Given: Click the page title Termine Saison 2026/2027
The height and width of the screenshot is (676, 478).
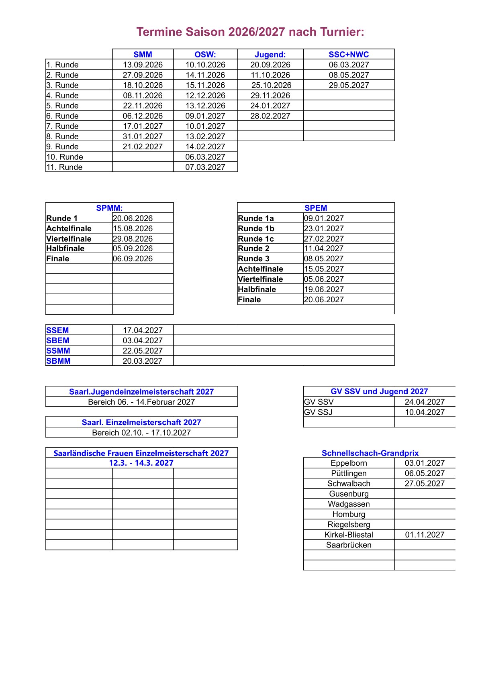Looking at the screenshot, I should [250, 32].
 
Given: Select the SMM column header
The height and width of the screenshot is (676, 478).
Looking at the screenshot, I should [143, 55].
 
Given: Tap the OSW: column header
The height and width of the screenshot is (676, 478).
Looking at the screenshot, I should [205, 55].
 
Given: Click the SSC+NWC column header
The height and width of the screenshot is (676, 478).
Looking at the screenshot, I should [349, 55].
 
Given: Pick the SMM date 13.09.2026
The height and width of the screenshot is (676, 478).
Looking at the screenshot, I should [143, 65].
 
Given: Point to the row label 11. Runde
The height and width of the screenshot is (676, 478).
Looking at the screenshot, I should [65, 167].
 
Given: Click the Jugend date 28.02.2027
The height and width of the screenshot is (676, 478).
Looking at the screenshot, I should [270, 116].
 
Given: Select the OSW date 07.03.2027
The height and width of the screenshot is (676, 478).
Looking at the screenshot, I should [205, 167].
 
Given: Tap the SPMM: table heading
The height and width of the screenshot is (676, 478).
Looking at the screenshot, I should [109, 208].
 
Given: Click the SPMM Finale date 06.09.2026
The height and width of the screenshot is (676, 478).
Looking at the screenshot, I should [133, 259].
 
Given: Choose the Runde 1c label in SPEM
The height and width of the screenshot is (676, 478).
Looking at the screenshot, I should [256, 238].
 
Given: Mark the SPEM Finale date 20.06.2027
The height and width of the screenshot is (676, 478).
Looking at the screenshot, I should [324, 299].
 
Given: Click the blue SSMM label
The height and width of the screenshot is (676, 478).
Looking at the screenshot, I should [58, 350].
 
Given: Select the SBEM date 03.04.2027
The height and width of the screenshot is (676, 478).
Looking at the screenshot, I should [143, 340].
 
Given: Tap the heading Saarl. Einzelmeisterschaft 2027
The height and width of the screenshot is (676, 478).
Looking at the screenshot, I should [141, 422].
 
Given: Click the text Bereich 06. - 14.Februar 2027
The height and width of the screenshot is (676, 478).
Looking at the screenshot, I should [141, 402].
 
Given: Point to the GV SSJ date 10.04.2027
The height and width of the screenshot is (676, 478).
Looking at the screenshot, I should [425, 412].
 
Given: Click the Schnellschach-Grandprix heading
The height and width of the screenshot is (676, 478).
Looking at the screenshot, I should [370, 453].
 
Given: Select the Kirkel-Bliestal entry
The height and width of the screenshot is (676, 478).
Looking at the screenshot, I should [349, 535].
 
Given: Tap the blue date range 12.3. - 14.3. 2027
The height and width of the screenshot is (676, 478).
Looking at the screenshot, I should [141, 463].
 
